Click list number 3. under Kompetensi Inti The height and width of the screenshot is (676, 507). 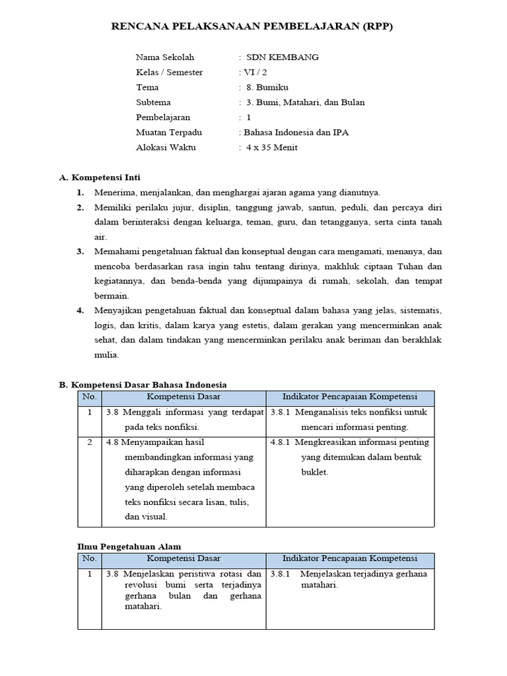80,252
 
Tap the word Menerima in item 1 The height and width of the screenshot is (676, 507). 115,193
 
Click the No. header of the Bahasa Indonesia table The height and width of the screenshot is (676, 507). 89,397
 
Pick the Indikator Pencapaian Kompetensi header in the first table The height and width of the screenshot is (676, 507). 350,397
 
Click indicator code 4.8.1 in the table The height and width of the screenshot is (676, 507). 281,442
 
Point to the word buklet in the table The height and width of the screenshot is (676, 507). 314,473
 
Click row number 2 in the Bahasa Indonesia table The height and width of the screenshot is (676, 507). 89,442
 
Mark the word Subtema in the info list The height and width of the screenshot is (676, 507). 153,102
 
